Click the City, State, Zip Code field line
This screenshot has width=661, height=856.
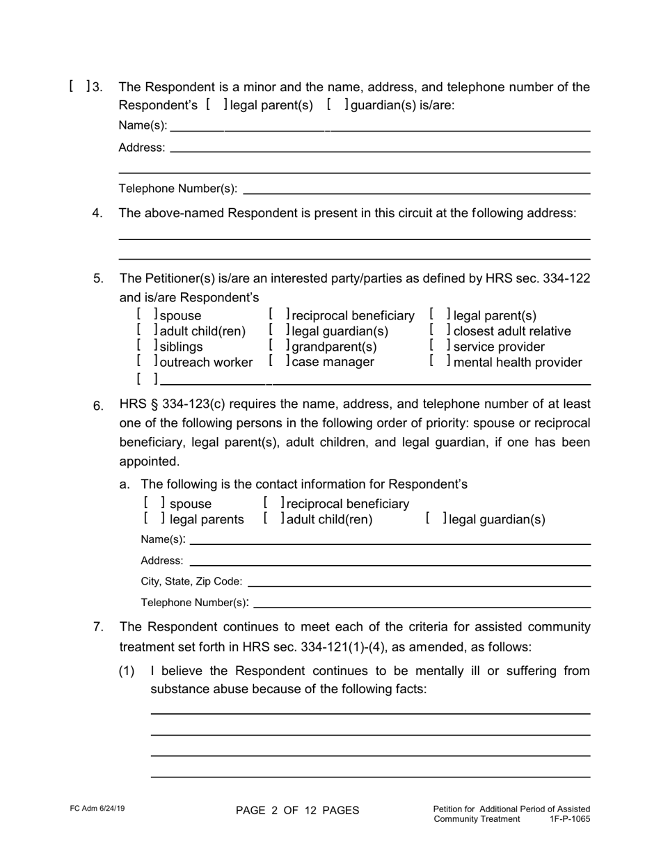click(x=419, y=582)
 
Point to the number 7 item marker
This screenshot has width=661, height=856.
click(x=99, y=627)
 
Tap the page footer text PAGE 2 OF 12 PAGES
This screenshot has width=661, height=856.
click(x=298, y=810)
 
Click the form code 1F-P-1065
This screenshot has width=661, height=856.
click(x=569, y=819)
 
